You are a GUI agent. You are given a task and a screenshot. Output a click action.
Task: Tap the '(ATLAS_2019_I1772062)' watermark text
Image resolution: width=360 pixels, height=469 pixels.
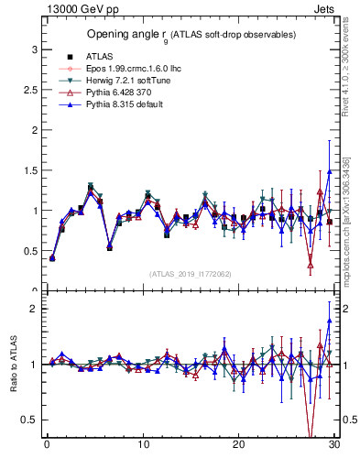tap(190, 274)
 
